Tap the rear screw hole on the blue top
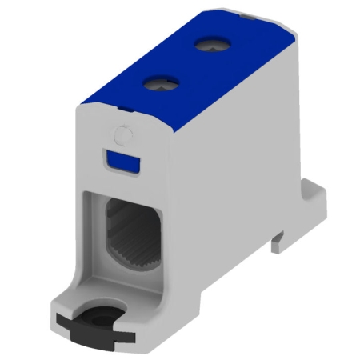coord(210,45)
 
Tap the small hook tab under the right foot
coord(278,238)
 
